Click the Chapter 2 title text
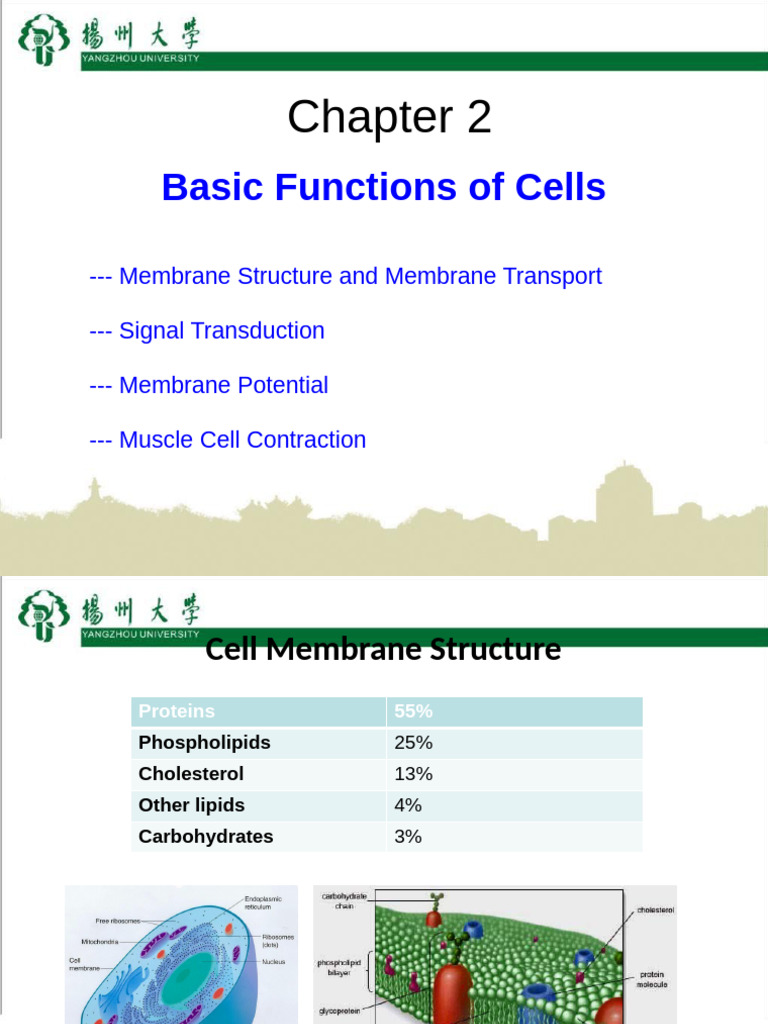pos(389,118)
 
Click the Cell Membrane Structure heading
pos(383,650)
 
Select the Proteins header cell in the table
pos(177,711)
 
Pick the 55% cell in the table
pos(413,711)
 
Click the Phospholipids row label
pos(204,743)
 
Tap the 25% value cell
pos(413,743)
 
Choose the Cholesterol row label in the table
pos(191,774)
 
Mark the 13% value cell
pos(413,774)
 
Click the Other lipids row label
pos(191,805)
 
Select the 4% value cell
pos(409,805)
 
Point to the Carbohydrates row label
pos(205,837)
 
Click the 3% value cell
pos(408,837)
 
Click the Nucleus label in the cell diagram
pos(274,962)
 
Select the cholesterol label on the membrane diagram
pos(655,910)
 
